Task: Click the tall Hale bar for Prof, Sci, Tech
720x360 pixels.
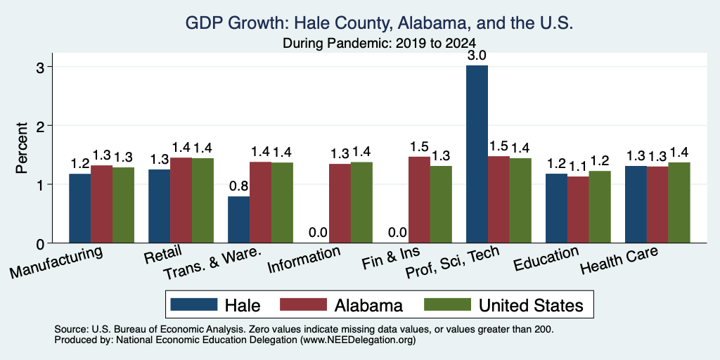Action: point(477,154)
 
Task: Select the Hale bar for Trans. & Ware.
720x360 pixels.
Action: point(239,219)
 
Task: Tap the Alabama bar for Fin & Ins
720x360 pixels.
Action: point(419,200)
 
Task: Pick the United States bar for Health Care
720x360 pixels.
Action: point(679,202)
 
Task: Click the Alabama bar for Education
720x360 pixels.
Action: point(578,210)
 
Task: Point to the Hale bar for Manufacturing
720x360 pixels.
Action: point(80,208)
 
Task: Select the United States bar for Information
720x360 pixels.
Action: point(361,202)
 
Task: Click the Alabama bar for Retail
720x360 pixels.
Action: point(181,200)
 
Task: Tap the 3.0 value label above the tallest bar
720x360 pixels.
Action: point(477,56)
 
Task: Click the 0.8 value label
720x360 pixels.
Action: point(239,186)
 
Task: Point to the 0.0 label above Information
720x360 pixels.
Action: point(318,233)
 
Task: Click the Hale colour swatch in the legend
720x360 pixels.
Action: point(194,304)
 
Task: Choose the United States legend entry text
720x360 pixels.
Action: point(531,305)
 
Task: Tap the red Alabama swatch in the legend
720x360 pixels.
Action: point(303,304)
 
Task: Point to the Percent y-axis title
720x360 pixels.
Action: point(22,148)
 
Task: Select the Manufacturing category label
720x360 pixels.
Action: point(56,262)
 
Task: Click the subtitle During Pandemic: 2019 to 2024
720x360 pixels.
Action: point(379,43)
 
